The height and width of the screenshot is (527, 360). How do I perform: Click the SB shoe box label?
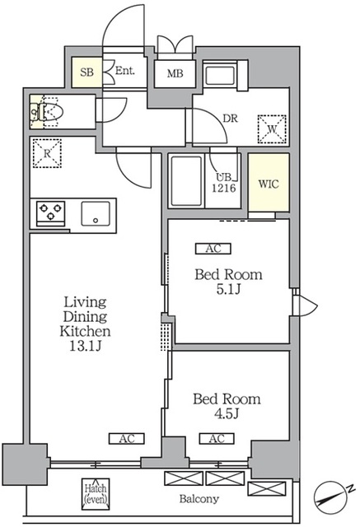[x=86, y=72]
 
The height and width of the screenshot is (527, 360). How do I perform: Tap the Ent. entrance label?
[x=124, y=71]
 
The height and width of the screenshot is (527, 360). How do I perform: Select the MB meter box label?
[x=175, y=73]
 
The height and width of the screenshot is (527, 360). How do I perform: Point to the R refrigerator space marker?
[x=47, y=153]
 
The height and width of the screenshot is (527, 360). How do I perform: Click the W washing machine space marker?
[x=272, y=129]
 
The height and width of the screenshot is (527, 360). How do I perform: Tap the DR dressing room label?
[x=231, y=118]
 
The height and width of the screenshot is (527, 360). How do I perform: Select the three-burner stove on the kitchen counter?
[x=50, y=212]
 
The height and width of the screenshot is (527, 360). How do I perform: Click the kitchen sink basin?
[x=96, y=213]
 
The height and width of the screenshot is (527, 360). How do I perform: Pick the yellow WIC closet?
[x=269, y=183]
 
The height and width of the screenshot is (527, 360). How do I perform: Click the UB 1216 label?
[x=223, y=183]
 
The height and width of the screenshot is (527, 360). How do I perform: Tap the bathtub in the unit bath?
[x=186, y=181]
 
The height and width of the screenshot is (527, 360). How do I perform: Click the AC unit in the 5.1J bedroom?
[x=213, y=249]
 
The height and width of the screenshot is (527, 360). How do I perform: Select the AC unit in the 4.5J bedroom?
[x=217, y=439]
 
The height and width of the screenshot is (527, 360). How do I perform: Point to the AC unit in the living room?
[x=127, y=439]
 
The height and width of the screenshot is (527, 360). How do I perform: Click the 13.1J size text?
[x=86, y=346]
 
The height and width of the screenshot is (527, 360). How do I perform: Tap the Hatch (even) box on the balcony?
[x=96, y=493]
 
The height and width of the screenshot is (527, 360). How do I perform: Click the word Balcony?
[x=199, y=499]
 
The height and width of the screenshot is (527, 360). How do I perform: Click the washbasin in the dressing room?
[x=220, y=76]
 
